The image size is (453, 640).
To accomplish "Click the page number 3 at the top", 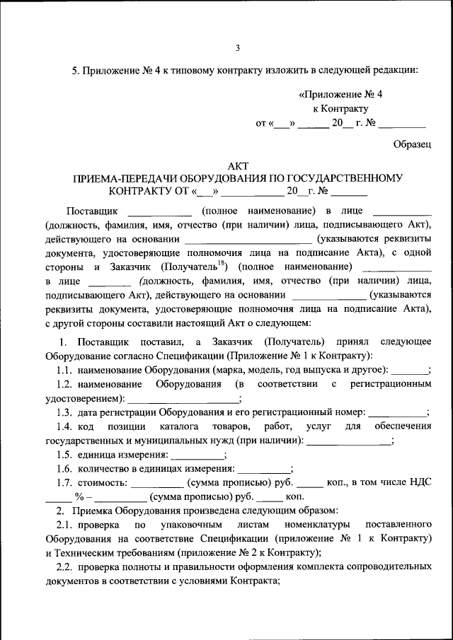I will pyautogui.click(x=238, y=48).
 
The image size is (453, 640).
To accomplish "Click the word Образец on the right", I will pyautogui.click(x=412, y=144).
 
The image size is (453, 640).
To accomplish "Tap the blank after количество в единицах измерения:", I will pyautogui.click(x=263, y=468).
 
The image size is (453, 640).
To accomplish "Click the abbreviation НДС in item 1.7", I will pyautogui.click(x=418, y=482).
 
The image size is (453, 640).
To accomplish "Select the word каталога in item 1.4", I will pyautogui.click(x=178, y=426).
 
